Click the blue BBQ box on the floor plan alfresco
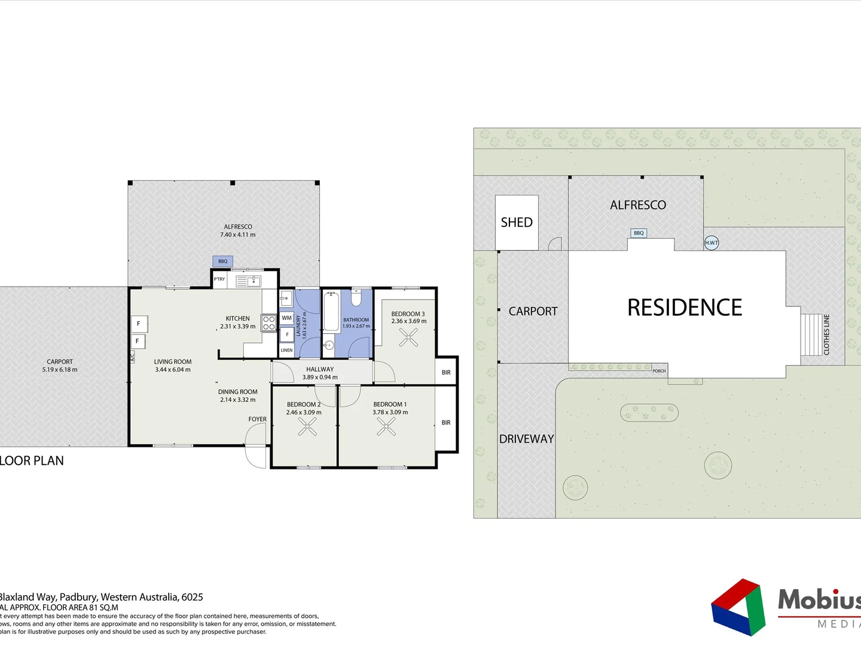coord(222,261)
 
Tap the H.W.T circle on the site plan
coord(712,243)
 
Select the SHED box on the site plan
coord(517,223)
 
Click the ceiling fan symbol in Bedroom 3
coord(409,338)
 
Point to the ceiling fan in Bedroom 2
coord(307,426)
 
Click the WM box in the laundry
coord(287,318)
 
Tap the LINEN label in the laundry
coord(287,351)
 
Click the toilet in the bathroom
coord(356,297)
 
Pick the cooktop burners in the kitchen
coord(269,323)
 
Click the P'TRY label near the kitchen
coord(219,279)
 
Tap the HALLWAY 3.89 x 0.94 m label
coord(320,373)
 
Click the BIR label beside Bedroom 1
coord(446,423)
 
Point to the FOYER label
coord(258,419)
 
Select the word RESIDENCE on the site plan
coord(685,307)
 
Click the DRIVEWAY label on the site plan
coord(527,439)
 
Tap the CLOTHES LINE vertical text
coord(827,335)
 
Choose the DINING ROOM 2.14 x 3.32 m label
coord(238,396)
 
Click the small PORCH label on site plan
coord(659,371)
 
